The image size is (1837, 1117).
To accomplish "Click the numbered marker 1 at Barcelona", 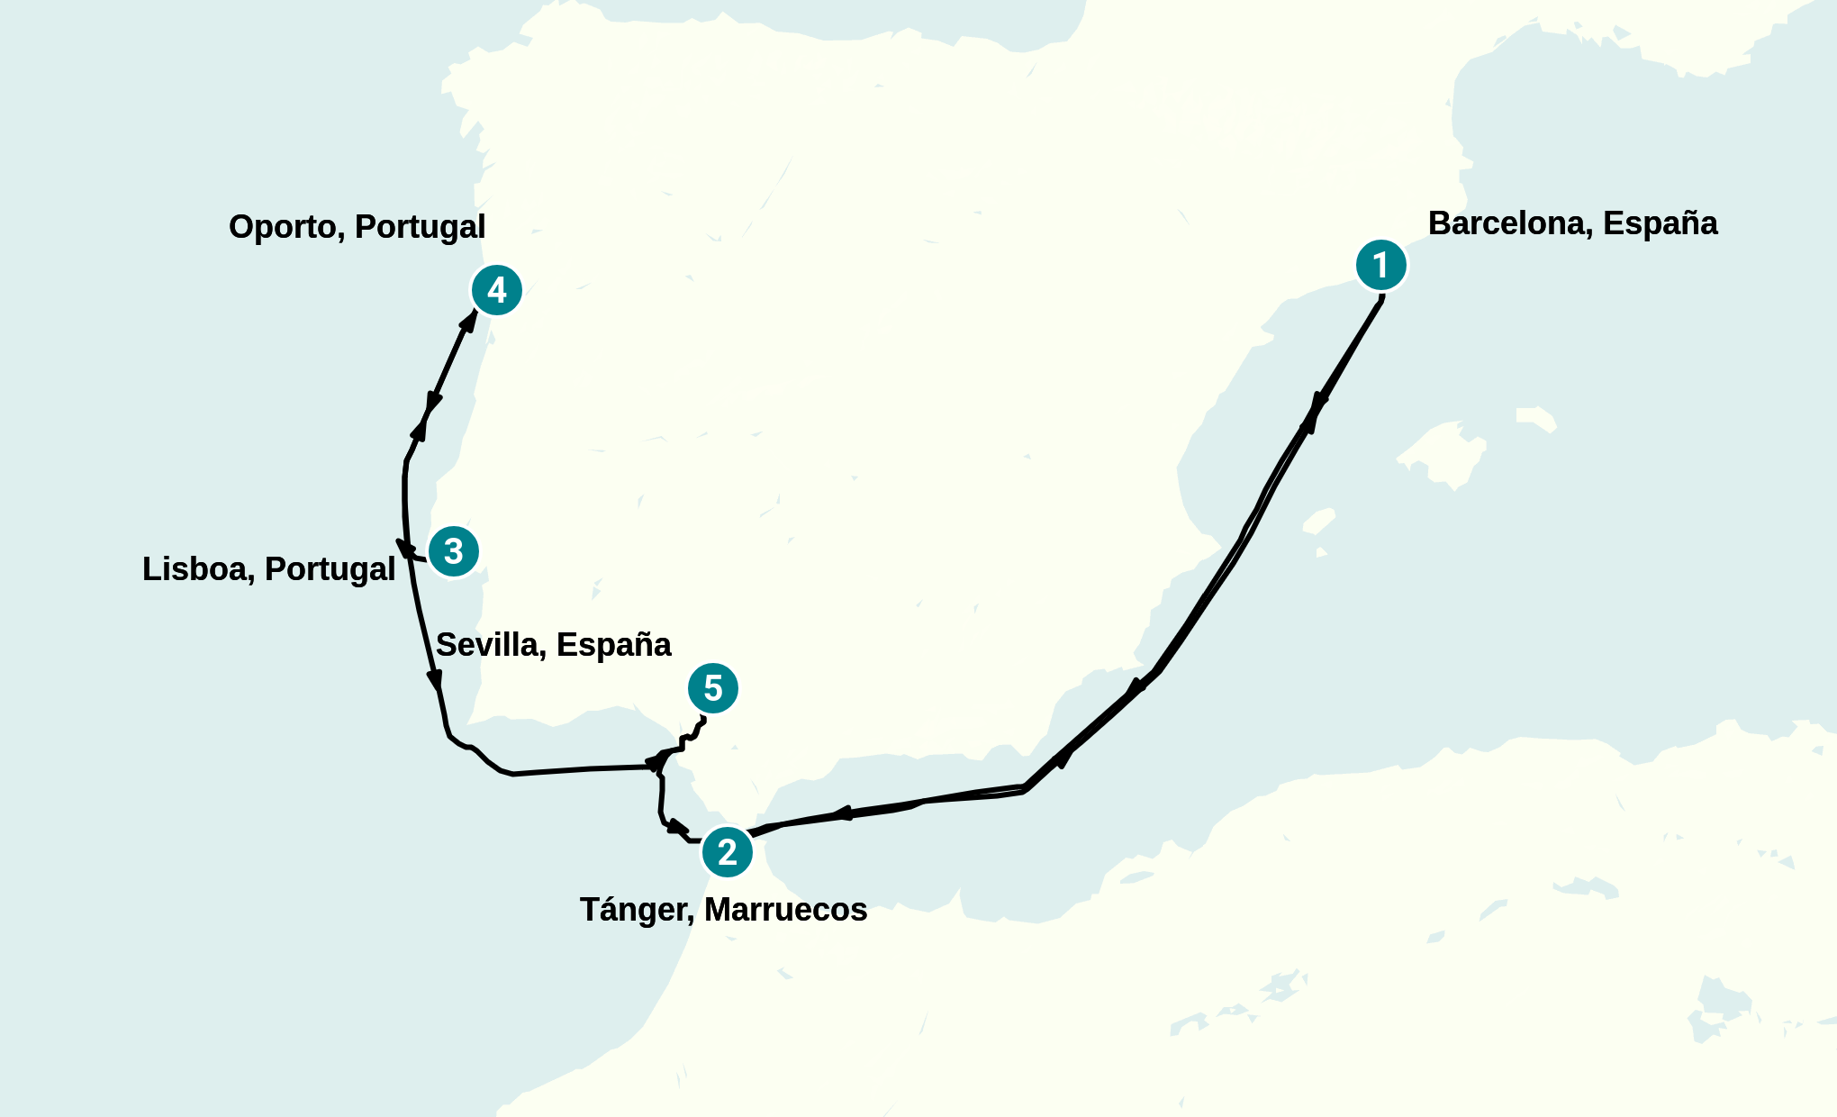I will pos(1380,265).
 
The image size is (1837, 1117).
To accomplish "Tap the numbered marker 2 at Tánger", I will pos(727,851).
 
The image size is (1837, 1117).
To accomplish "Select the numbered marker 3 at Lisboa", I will pos(453,551).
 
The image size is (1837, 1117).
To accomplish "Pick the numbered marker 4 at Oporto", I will pos(496,290).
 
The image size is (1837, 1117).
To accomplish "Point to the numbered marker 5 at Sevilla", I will pos(712,688).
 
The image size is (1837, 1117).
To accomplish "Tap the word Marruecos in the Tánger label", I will pos(785,910).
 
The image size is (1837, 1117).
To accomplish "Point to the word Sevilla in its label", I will pos(491,645).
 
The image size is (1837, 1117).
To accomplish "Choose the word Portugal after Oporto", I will pos(420,227).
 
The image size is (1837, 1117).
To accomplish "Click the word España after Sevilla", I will pos(613,645).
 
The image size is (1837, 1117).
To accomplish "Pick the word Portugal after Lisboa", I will pos(330,569).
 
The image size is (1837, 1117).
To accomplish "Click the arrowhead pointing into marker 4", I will pos(470,320).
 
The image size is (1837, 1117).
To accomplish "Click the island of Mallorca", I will pos(1441,455).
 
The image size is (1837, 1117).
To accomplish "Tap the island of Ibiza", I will pos(1319,521).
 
